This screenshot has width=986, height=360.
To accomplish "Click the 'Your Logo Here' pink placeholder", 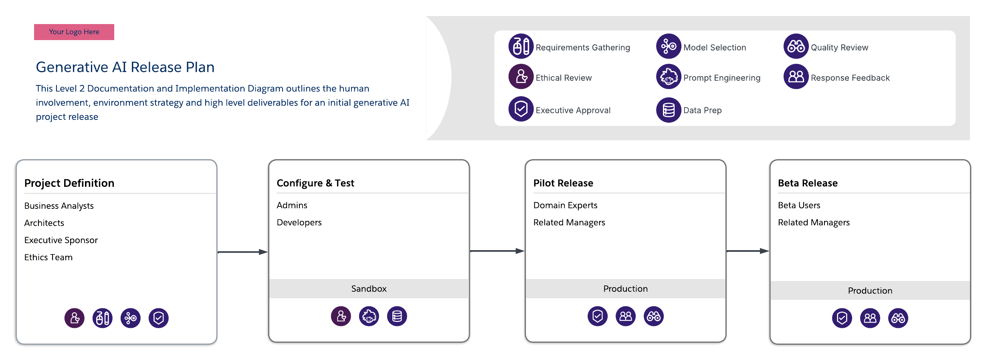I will point(74,32).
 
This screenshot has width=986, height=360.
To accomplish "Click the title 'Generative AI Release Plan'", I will point(125,67).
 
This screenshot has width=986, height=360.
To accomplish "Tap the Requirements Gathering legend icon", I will point(521,47).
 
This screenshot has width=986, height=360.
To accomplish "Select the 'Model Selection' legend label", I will point(715,48).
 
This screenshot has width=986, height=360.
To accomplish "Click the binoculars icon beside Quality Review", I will point(796,47).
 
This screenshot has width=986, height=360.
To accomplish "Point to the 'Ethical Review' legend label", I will point(564,78).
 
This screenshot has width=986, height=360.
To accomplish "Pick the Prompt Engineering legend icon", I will point(669,77).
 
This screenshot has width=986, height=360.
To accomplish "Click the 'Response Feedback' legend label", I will point(850,78).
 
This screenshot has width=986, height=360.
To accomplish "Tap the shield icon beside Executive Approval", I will point(521,109).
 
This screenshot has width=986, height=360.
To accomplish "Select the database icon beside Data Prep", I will point(669,110).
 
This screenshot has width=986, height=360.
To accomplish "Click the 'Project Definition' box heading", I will point(69,183).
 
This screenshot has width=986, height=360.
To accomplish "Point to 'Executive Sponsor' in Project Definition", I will point(61,240).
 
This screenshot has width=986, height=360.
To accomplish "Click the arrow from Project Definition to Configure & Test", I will point(242,252).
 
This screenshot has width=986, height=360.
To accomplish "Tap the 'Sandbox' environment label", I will point(369,289).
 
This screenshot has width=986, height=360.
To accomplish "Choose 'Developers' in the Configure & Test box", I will point(299,222).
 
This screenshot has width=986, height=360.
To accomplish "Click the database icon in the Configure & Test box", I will point(397,316).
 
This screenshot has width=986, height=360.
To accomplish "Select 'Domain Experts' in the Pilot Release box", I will point(565,205).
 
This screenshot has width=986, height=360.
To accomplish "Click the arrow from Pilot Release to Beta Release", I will point(748,251).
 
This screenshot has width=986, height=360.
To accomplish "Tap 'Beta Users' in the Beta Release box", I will point(799,205).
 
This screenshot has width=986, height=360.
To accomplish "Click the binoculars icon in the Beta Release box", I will point(898,318).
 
